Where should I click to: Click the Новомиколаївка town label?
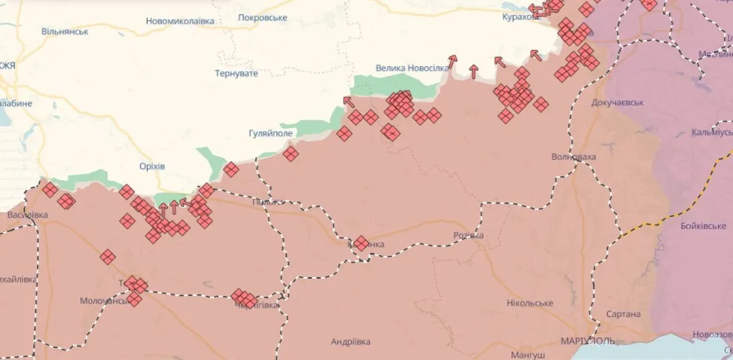click(x=180, y=21)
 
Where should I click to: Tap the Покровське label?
click(x=262, y=17)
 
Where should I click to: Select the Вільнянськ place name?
click(x=65, y=32)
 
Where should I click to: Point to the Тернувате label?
click(x=236, y=73)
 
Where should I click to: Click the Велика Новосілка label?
click(x=412, y=68)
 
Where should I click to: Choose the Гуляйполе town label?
click(x=270, y=133)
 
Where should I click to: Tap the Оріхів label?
click(x=152, y=166)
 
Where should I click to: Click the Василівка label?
click(x=27, y=215)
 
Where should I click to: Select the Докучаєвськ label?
click(x=618, y=102)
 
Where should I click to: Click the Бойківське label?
click(x=690, y=226)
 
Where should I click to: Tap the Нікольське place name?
click(x=530, y=303)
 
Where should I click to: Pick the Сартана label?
click(x=623, y=314)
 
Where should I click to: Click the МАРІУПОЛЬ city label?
click(x=587, y=340)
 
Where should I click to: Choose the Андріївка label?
click(x=350, y=341)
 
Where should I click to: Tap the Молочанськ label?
click(x=105, y=301)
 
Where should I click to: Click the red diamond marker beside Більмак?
click(x=361, y=243)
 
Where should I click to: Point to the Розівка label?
click(x=467, y=236)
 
